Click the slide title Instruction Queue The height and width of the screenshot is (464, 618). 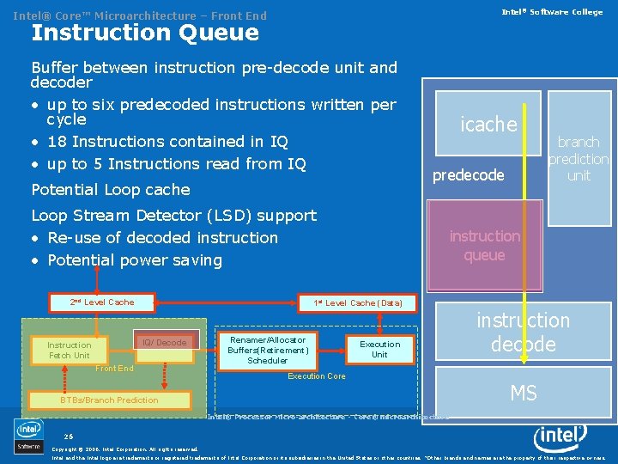coord(144,33)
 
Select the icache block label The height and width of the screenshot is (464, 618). coord(488,125)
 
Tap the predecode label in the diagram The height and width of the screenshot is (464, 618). coord(468,175)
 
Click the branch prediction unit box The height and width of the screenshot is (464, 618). coord(579,158)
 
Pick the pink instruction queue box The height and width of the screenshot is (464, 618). coord(484,246)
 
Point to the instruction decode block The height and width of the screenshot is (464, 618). coord(523,333)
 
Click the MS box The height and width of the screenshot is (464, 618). coord(523,394)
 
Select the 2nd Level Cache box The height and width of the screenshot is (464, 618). coord(102,302)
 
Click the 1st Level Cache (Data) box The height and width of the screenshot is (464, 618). coord(358,303)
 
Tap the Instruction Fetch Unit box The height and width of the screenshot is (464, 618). coord(70,350)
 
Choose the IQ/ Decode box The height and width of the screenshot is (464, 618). coord(165,343)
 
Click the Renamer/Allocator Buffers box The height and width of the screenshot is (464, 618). coord(267,350)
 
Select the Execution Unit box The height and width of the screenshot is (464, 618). coord(379,349)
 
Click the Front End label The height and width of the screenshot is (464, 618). coord(114,369)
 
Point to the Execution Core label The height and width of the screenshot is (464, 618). coord(317,376)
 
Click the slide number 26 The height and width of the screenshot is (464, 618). coord(69,437)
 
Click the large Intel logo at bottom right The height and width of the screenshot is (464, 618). coord(560,437)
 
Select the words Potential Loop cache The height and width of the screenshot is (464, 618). coord(110,189)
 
